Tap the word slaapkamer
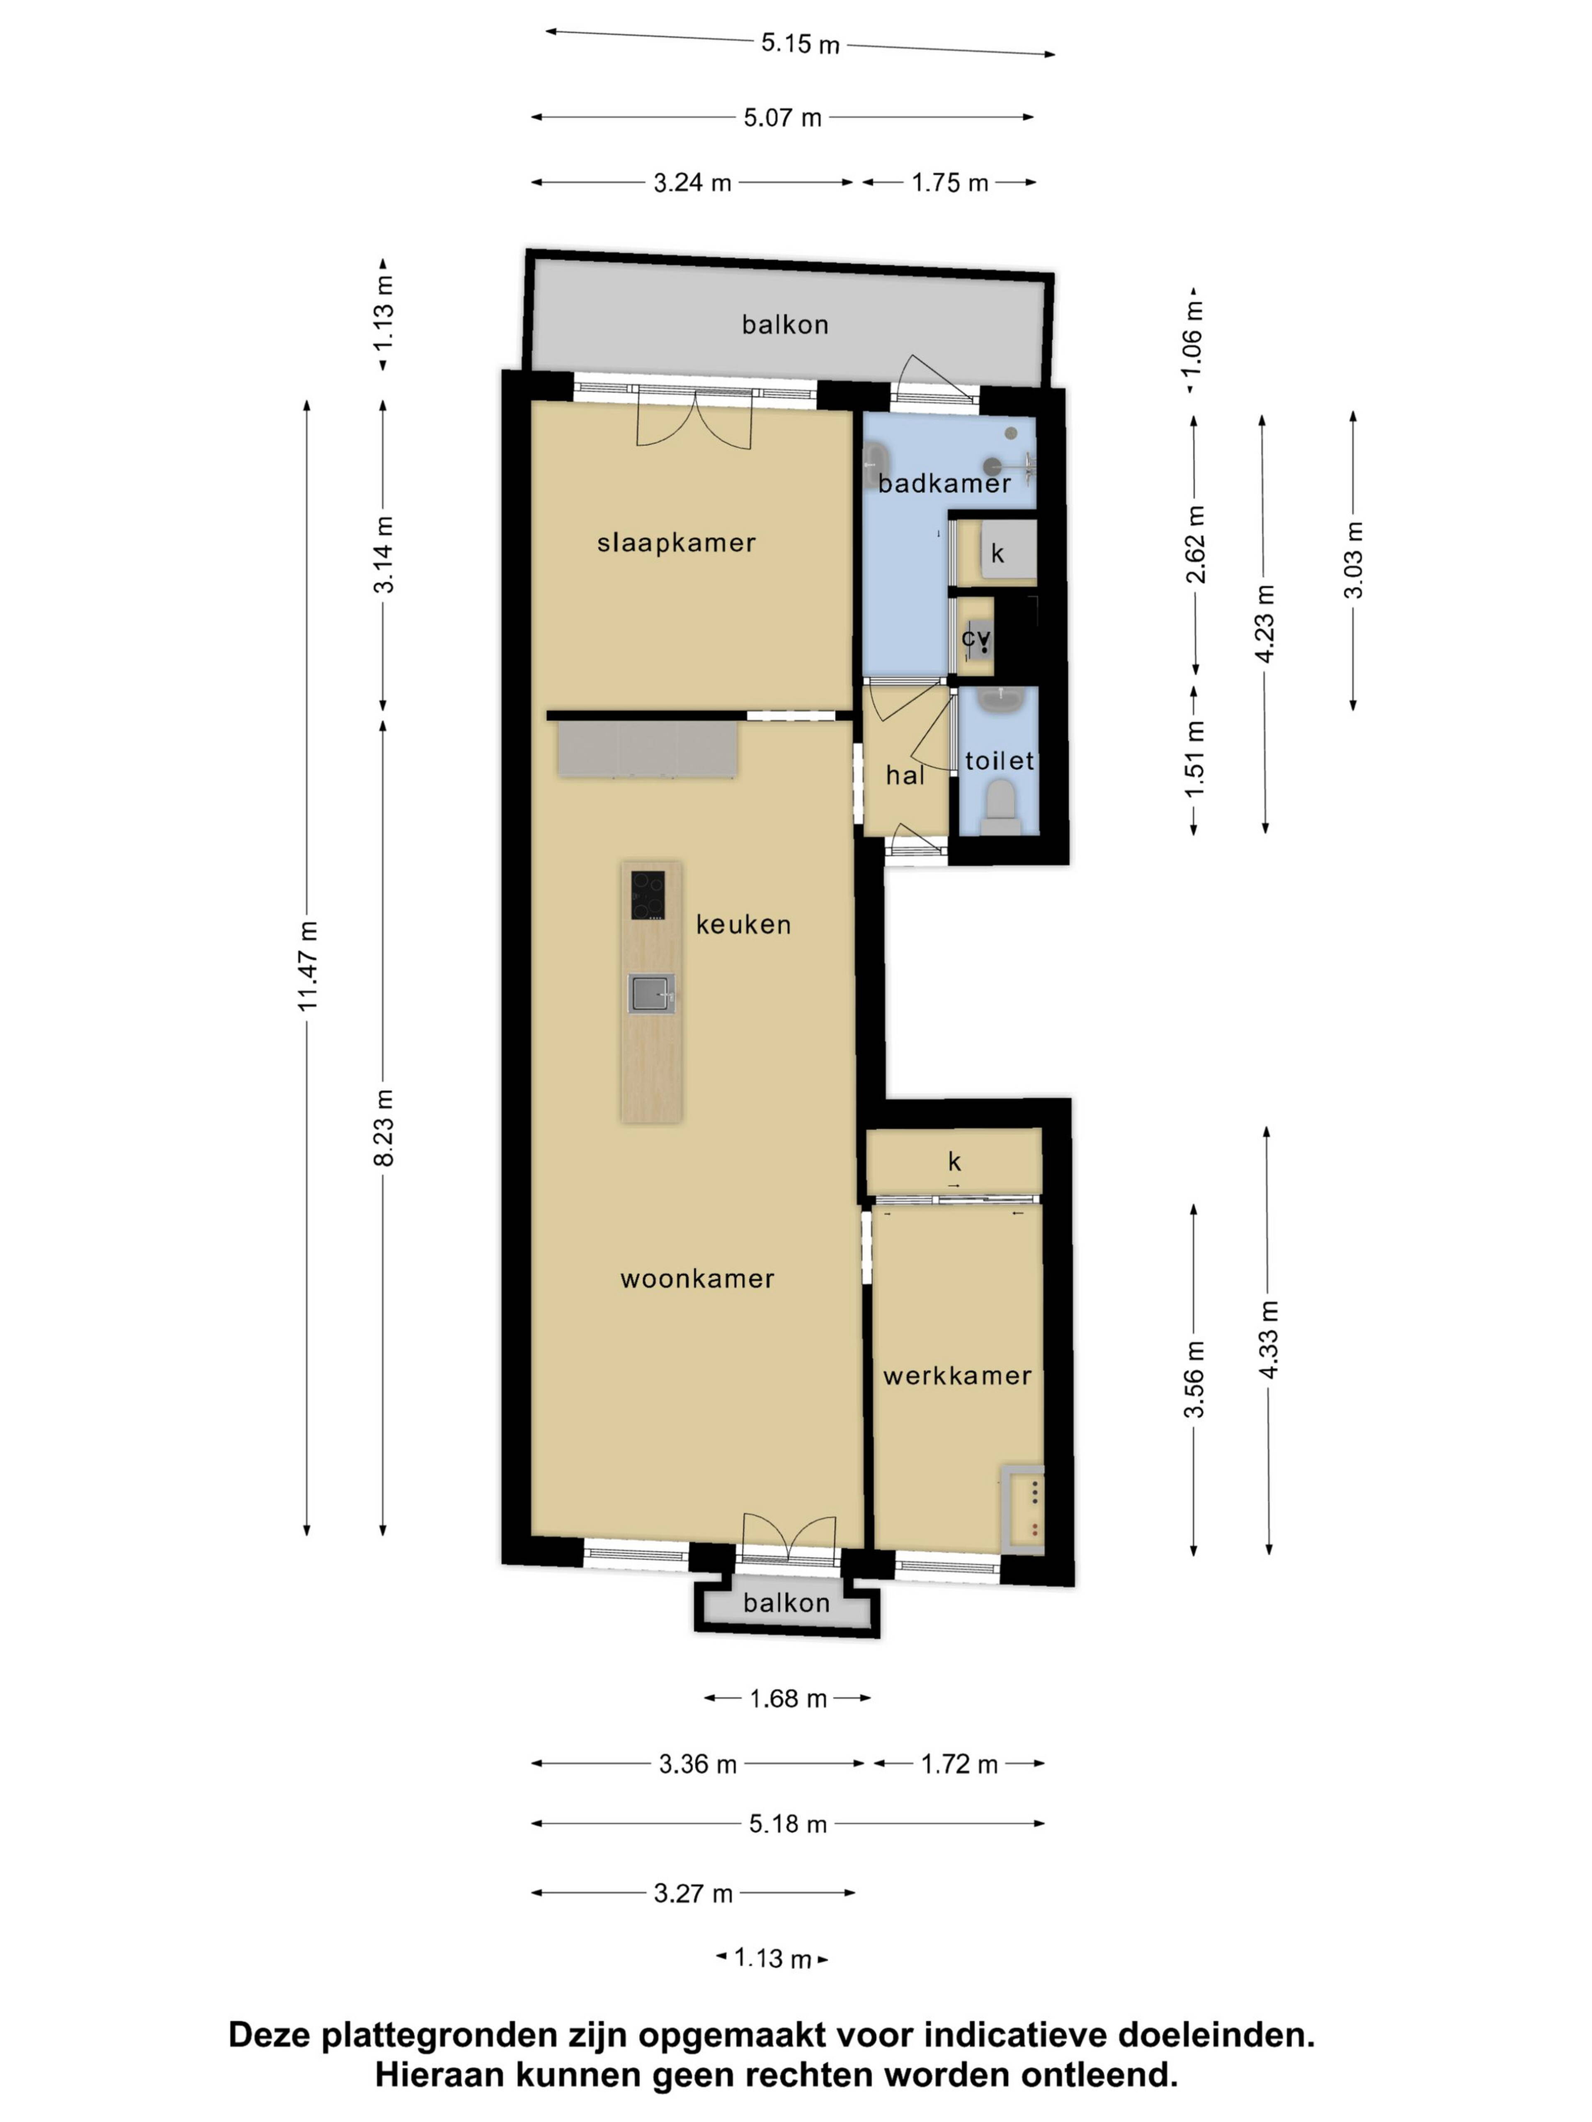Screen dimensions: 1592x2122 (677, 543)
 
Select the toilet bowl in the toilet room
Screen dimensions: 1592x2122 (1001, 804)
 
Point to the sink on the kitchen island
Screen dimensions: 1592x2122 (652, 993)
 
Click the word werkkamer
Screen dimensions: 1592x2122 (957, 1376)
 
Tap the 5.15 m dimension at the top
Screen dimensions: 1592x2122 (800, 43)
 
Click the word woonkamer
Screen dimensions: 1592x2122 (698, 1279)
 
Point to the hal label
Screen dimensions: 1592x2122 (905, 775)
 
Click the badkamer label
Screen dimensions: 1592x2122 (944, 484)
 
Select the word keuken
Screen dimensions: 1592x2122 (744, 925)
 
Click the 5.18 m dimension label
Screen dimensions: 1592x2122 (788, 1824)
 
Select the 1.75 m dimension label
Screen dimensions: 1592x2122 (950, 182)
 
